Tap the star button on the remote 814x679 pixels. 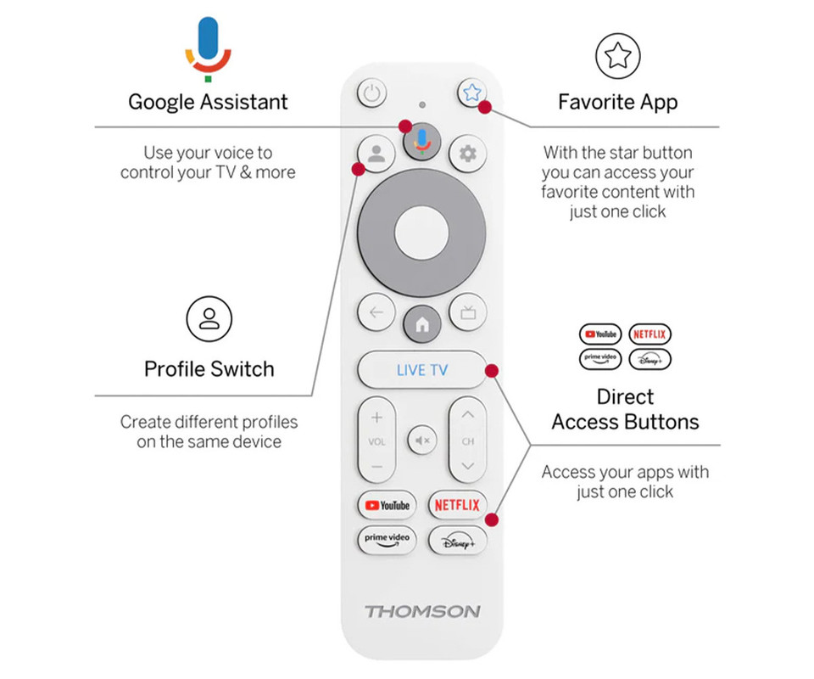click(x=472, y=93)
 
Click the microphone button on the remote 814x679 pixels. click(x=422, y=142)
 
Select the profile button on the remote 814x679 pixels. click(x=376, y=154)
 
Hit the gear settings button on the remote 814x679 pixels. click(x=468, y=154)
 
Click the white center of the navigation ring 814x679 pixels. click(x=421, y=233)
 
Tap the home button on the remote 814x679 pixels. click(x=422, y=324)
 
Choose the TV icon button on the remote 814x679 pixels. click(x=468, y=312)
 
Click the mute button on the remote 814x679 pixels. click(x=422, y=441)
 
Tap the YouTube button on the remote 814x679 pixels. click(x=387, y=505)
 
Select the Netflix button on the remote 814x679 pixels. click(x=457, y=505)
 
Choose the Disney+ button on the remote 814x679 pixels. click(x=457, y=541)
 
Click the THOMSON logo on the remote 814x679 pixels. click(x=422, y=611)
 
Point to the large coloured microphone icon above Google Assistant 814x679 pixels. click(x=209, y=49)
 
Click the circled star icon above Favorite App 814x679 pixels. click(x=618, y=56)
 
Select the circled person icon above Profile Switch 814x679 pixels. click(x=209, y=319)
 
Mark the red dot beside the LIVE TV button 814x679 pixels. click(x=492, y=370)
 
